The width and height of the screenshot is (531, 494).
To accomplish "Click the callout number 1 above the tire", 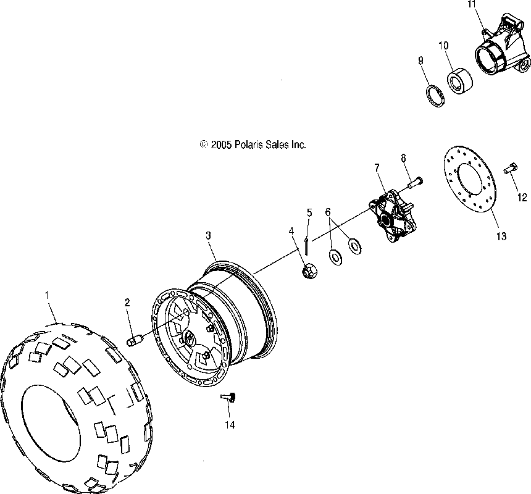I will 47,296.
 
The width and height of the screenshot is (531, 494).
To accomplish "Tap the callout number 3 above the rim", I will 208,235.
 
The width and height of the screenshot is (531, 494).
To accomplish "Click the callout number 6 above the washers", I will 328,212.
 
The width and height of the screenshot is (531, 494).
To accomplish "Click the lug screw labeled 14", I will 230,399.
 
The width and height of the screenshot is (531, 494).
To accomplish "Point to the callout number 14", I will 230,425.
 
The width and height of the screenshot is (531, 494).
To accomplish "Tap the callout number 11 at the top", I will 472,4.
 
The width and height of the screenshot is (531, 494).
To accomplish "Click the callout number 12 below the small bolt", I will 522,198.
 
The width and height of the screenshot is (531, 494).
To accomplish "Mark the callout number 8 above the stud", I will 403,157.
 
